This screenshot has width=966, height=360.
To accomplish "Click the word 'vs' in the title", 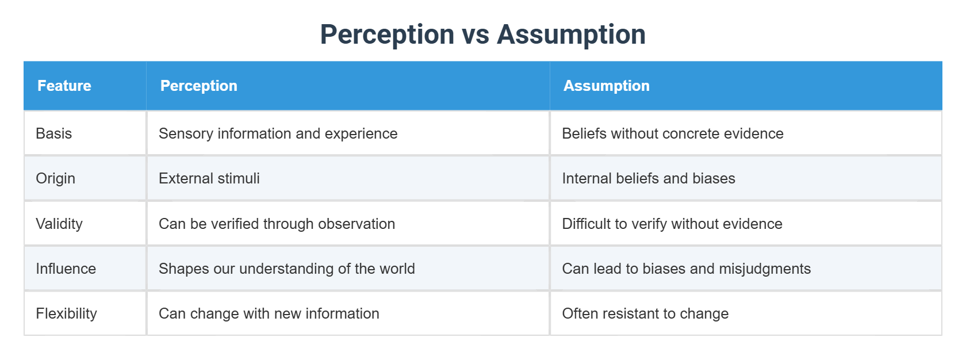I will [476, 35].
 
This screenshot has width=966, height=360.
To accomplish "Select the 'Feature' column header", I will [64, 86].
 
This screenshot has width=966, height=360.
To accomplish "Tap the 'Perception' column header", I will [198, 86].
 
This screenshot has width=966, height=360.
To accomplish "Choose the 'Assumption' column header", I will [606, 86].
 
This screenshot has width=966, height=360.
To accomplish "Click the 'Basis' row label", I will [54, 133].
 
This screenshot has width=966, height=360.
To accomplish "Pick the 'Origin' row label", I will [56, 178].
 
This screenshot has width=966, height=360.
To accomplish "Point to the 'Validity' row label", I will [59, 224].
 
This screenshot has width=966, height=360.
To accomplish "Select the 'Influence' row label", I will [66, 269].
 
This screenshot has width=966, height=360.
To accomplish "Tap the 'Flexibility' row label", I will [67, 313].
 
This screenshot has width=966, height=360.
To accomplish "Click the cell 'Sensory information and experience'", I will [278, 133].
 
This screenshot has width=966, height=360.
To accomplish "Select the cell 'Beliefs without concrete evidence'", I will [672, 133].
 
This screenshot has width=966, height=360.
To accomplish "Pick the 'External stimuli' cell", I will [209, 178].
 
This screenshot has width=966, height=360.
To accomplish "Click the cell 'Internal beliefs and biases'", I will [648, 178].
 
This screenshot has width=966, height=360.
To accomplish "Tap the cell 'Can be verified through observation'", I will [277, 224].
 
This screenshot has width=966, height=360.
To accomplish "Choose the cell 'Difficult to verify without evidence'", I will [672, 224].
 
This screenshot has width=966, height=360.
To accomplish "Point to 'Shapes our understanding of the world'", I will [286, 269].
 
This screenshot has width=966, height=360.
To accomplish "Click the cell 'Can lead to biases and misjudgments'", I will [686, 269].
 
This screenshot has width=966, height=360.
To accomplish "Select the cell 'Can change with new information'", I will [269, 313].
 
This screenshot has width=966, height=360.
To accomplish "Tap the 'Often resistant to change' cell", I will [645, 313].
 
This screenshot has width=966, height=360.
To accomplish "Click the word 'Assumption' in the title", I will [571, 35].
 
